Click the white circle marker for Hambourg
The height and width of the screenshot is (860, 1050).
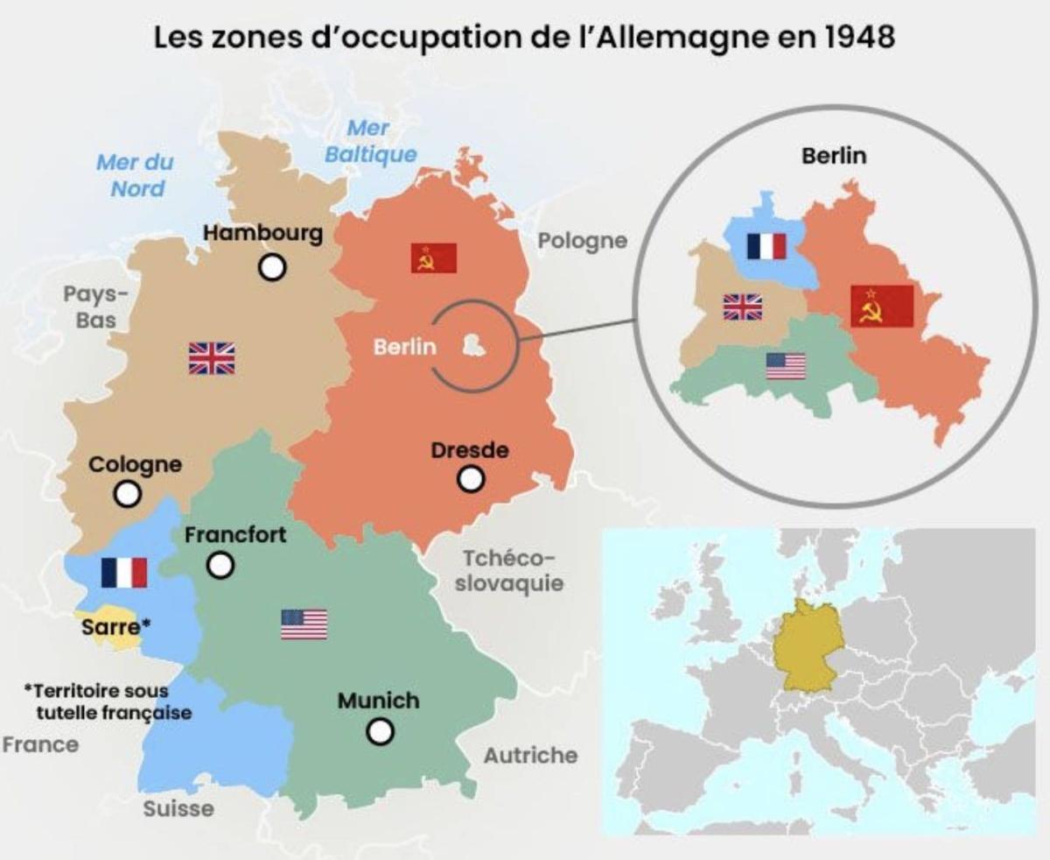coord(273,267)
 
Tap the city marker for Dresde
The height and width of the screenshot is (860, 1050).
coord(471,479)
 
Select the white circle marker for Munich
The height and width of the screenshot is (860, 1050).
coord(379,730)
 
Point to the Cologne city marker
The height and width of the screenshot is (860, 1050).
coord(128,494)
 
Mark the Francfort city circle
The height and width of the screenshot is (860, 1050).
coord(220,565)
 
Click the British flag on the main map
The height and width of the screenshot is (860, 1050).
coord(212,358)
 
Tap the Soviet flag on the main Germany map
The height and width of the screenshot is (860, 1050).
coord(434,257)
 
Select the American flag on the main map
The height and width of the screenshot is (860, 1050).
coord(304,624)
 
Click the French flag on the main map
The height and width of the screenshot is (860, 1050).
coord(123,573)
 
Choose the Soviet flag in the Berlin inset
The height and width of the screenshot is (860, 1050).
coord(881,306)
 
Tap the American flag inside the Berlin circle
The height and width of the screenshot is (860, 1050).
coord(785,366)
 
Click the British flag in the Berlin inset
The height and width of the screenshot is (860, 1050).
coord(742,307)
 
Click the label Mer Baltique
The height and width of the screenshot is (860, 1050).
coord(370,141)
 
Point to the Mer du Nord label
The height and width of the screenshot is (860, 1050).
coord(136,174)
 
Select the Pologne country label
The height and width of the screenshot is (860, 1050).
coord(582,240)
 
